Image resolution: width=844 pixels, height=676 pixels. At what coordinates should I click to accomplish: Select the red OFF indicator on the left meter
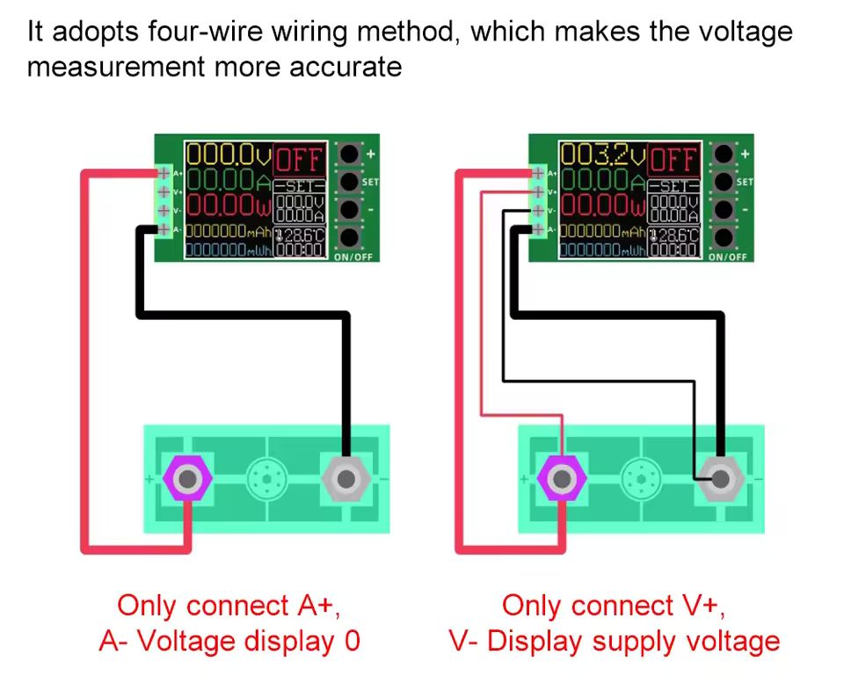tap(300, 160)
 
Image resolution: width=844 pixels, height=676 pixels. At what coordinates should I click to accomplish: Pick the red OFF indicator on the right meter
tap(674, 160)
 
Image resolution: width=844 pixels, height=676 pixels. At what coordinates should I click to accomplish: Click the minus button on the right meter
tap(724, 211)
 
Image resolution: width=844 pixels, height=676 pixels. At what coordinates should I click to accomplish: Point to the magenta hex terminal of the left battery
tap(187, 479)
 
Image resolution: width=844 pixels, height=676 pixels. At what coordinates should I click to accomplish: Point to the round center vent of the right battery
tap(639, 479)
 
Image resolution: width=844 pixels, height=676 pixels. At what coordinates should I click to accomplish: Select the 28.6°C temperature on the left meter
tap(301, 236)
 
